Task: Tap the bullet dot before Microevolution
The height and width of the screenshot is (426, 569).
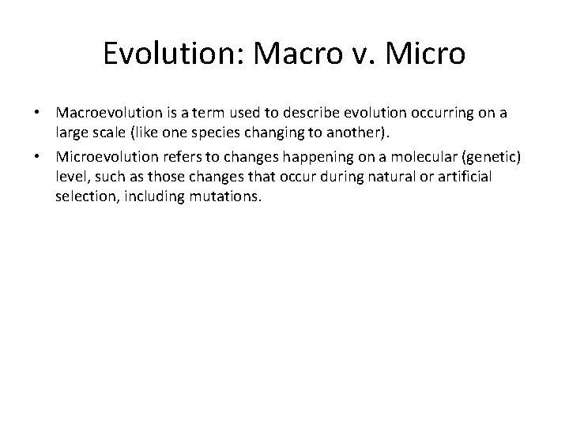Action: [x=40, y=157]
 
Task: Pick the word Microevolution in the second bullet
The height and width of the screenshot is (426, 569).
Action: [x=100, y=157]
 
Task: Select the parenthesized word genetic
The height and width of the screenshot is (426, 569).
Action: [x=482, y=157]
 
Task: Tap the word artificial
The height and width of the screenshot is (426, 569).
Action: [x=462, y=176]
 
